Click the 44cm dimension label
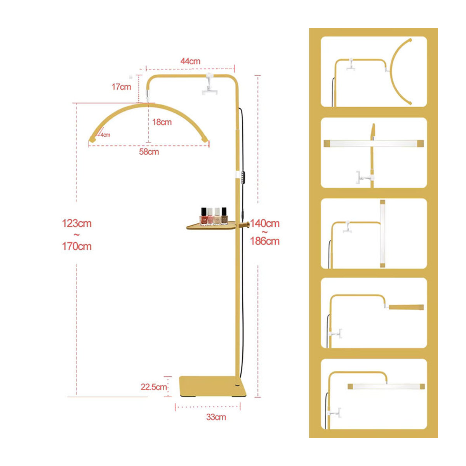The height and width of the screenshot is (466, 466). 190,61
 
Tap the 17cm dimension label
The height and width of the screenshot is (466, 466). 121,87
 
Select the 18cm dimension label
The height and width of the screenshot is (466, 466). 162,122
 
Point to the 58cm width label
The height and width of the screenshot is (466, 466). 149,152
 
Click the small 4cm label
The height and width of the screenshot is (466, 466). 106,135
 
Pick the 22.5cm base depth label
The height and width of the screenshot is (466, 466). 154,387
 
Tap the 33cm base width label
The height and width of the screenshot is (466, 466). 216,417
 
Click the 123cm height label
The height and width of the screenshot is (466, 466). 77,223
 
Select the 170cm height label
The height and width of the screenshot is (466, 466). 77,247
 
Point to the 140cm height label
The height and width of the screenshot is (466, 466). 265,223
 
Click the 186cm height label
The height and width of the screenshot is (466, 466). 265,241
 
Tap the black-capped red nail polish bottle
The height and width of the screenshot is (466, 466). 203,216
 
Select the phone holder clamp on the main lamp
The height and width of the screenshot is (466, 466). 209,85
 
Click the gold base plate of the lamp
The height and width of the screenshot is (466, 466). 212,386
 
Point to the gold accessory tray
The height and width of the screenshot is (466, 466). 211,226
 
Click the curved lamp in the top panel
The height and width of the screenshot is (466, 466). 401,71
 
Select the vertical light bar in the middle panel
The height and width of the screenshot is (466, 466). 383,234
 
